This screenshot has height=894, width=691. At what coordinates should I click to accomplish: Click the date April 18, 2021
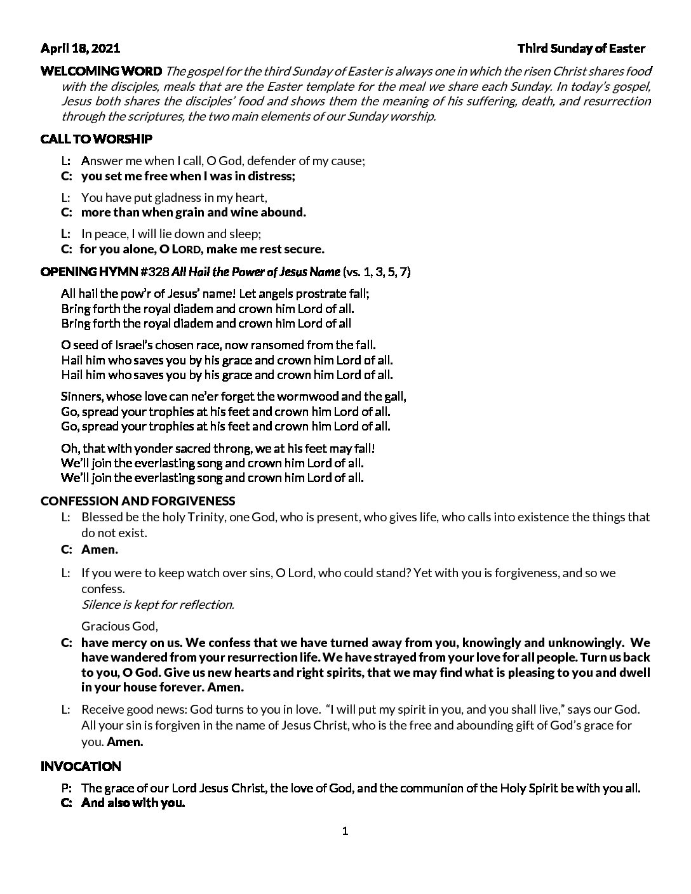[80, 48]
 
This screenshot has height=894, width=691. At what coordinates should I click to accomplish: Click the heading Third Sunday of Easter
[581, 48]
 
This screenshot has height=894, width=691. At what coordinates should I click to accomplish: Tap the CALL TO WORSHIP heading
[96, 138]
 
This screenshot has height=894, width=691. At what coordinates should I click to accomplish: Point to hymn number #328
[154, 272]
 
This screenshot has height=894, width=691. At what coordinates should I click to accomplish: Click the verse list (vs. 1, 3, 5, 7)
[377, 272]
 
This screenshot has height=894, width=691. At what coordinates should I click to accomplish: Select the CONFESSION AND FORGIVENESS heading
[138, 501]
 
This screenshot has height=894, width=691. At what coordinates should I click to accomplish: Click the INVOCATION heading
[81, 766]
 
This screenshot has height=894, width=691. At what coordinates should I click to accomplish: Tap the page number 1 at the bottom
[345, 831]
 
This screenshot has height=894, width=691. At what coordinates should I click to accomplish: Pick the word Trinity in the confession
[205, 517]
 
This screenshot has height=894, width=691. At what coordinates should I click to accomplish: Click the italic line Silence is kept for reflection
[158, 604]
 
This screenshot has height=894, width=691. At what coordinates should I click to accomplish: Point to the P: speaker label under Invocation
[66, 788]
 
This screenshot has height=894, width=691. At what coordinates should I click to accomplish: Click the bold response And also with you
[133, 803]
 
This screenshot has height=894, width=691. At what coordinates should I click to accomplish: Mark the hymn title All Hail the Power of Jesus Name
[256, 272]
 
